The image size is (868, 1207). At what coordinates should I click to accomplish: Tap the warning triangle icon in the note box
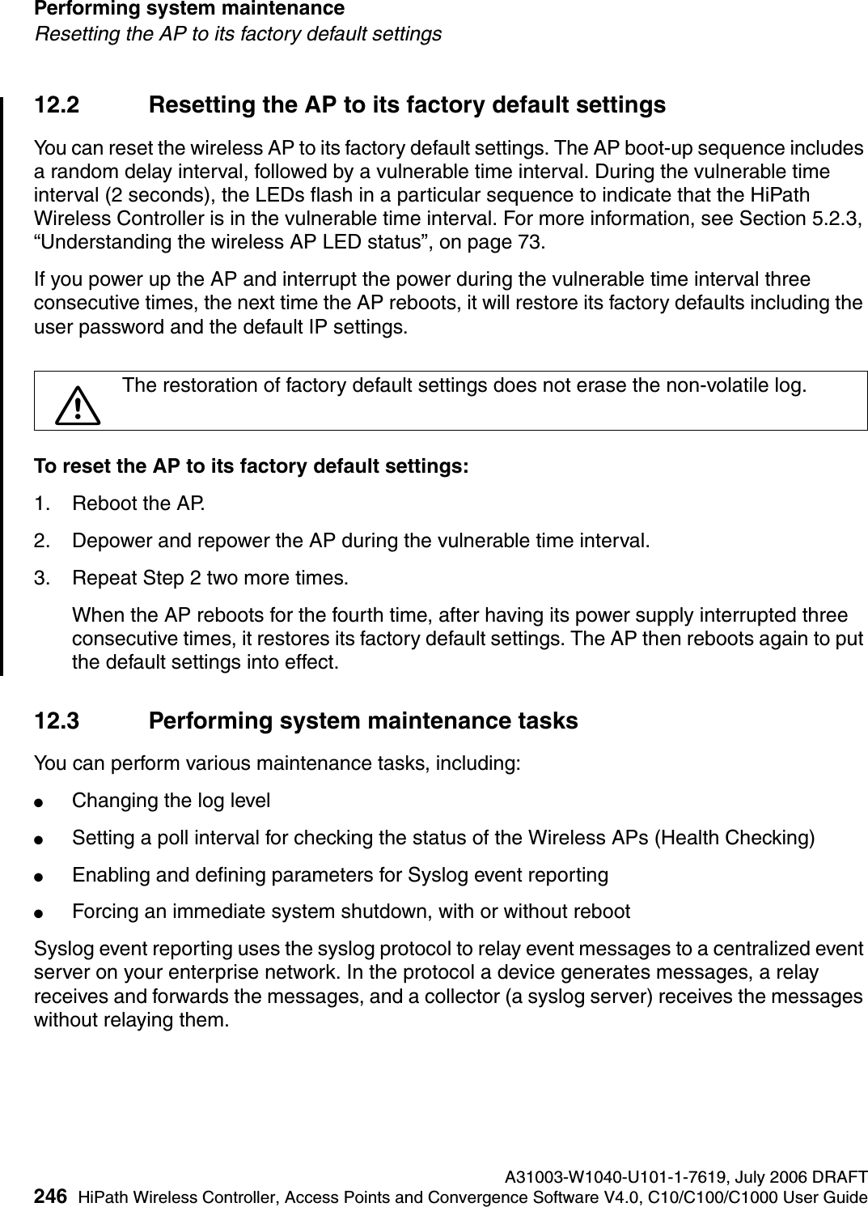[77, 405]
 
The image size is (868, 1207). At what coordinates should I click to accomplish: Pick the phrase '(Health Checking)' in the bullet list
[735, 837]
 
